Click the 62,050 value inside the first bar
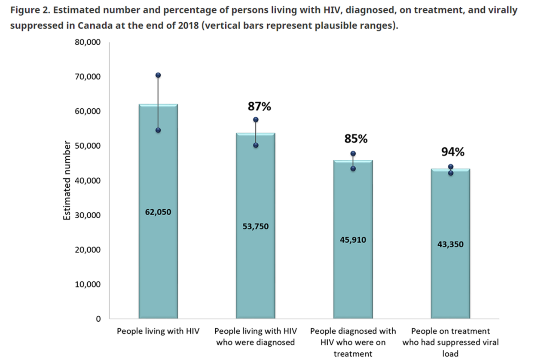158,212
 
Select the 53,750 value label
255,226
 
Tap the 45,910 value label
353,240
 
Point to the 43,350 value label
450,244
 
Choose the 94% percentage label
453,152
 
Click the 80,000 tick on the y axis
88,42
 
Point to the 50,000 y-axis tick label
88,146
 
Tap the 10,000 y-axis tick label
88,284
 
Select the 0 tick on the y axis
98,319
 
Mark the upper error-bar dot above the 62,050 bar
158,75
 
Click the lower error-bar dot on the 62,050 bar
158,130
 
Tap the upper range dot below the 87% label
256,119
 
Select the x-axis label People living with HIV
158,332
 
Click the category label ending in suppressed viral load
450,343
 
